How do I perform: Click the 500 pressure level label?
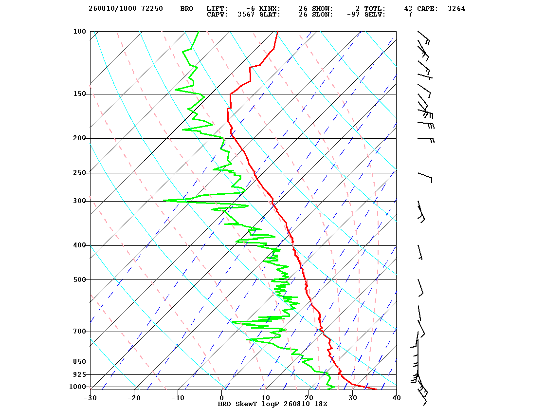(79, 279)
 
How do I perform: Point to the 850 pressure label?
(79, 362)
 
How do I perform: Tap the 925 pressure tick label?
(79, 374)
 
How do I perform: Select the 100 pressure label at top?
(79, 31)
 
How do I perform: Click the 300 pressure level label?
(79, 201)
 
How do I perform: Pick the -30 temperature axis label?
(90, 398)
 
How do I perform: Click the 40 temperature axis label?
(396, 398)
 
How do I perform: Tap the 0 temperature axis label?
(222, 398)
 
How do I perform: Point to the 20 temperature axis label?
(309, 398)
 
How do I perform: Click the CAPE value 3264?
(456, 9)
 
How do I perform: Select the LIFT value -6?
(250, 9)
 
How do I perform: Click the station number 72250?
(152, 9)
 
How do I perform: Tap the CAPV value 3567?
(246, 15)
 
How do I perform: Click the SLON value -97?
(353, 15)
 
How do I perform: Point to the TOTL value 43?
(408, 9)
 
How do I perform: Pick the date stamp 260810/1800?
(112, 9)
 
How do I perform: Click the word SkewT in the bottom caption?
(246, 404)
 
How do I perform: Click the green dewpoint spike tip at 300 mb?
(163, 200)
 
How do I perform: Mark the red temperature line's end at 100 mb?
(277, 31)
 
